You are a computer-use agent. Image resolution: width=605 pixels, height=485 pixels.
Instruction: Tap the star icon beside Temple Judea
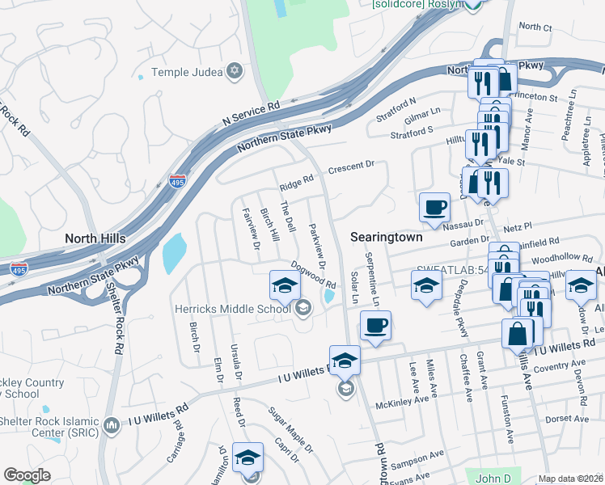pos(235,72)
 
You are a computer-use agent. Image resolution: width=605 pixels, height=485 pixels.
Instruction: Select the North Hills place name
pos(95,238)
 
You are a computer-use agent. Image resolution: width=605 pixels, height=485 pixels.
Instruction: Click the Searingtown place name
pos(387,237)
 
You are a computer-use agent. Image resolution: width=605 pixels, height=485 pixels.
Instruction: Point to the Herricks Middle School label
pos(233,308)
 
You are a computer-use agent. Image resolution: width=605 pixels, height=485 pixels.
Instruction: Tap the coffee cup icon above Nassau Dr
pos(434,207)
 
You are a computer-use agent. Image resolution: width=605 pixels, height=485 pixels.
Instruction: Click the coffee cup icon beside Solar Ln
pos(375,326)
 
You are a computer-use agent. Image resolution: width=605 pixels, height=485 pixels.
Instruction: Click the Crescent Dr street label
pos(350,167)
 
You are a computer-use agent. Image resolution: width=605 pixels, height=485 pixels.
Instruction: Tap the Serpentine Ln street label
pos(373,279)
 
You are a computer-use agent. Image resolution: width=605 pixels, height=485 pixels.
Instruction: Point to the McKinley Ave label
pos(398,402)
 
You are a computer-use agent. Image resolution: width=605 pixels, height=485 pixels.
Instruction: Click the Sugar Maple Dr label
pos(291,430)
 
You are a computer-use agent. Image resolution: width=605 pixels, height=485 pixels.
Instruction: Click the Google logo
pos(27,475)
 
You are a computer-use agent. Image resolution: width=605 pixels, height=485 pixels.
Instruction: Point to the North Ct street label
pos(535,27)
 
